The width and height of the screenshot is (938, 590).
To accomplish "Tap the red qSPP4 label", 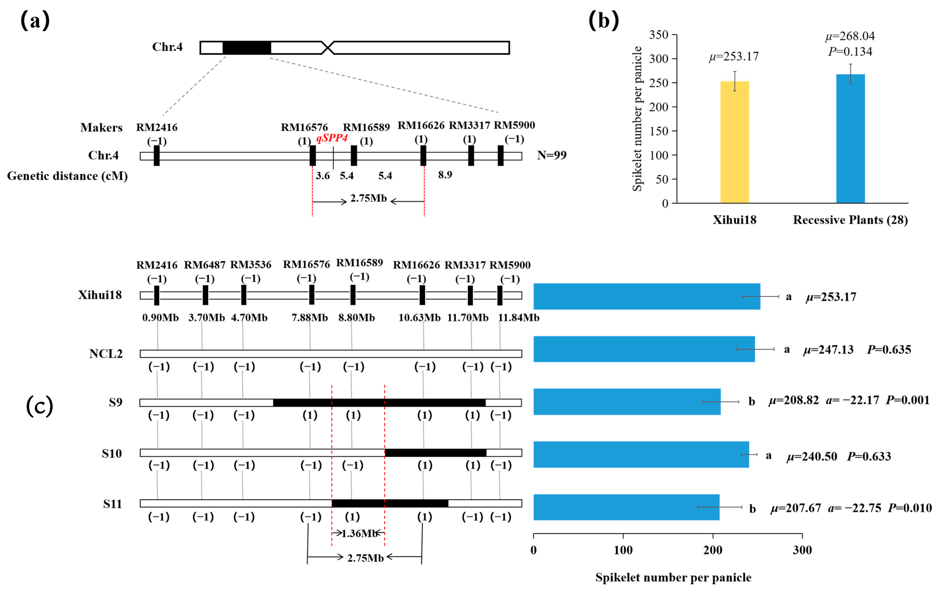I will pos(332,138).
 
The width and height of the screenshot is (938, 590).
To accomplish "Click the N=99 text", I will pos(552,155).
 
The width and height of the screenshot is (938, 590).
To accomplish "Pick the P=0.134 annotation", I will pos(850,51).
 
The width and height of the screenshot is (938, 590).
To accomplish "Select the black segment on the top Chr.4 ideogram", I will pos(247,47).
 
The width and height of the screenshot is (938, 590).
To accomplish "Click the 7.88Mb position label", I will pos(310,318).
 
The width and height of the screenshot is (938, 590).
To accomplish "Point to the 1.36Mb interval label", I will pos(359,533).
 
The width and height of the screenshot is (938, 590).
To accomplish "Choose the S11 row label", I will pos(112,504).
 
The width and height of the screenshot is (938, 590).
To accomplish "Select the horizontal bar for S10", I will pos(641,454).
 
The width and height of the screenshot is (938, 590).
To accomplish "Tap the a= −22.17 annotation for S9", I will pos(852,400).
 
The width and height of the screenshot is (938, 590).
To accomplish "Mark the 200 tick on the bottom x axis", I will pos(713,550).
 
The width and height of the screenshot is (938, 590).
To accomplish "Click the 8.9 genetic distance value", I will pos(445,174).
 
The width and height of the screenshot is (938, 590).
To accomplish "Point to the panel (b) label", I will pos(603,20).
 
